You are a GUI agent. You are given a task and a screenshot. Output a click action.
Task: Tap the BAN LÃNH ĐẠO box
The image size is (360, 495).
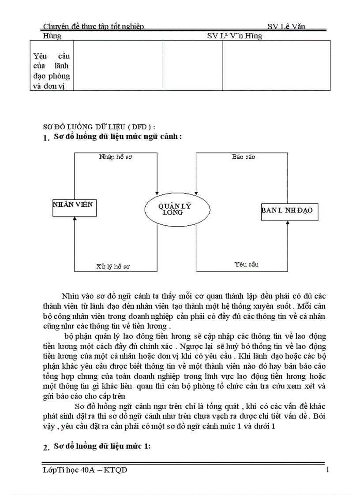pos(287,211)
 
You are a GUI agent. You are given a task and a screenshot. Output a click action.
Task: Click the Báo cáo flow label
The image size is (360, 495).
pos(244,157)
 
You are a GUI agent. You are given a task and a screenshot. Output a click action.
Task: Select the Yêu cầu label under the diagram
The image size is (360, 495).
pos(246,264)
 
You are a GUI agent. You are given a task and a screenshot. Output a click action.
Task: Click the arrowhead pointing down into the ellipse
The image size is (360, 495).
pos(157,192)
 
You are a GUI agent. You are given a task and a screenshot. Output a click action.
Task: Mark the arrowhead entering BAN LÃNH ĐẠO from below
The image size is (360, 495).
pos(287,223)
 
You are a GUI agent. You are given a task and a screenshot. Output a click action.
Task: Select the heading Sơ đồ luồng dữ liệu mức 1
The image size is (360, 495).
pos(102,447)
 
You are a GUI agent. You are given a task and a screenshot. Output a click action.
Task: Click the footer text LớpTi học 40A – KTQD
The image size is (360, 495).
pos(85,470)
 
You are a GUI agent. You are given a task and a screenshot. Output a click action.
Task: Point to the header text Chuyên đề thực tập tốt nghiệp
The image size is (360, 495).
pos(94,27)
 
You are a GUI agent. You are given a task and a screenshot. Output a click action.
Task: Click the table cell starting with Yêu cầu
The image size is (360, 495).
pos(52,71)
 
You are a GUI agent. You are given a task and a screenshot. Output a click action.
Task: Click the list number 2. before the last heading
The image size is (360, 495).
pos(46,447)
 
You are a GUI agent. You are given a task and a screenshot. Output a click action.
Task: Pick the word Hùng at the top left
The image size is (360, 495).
pos(52,36)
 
